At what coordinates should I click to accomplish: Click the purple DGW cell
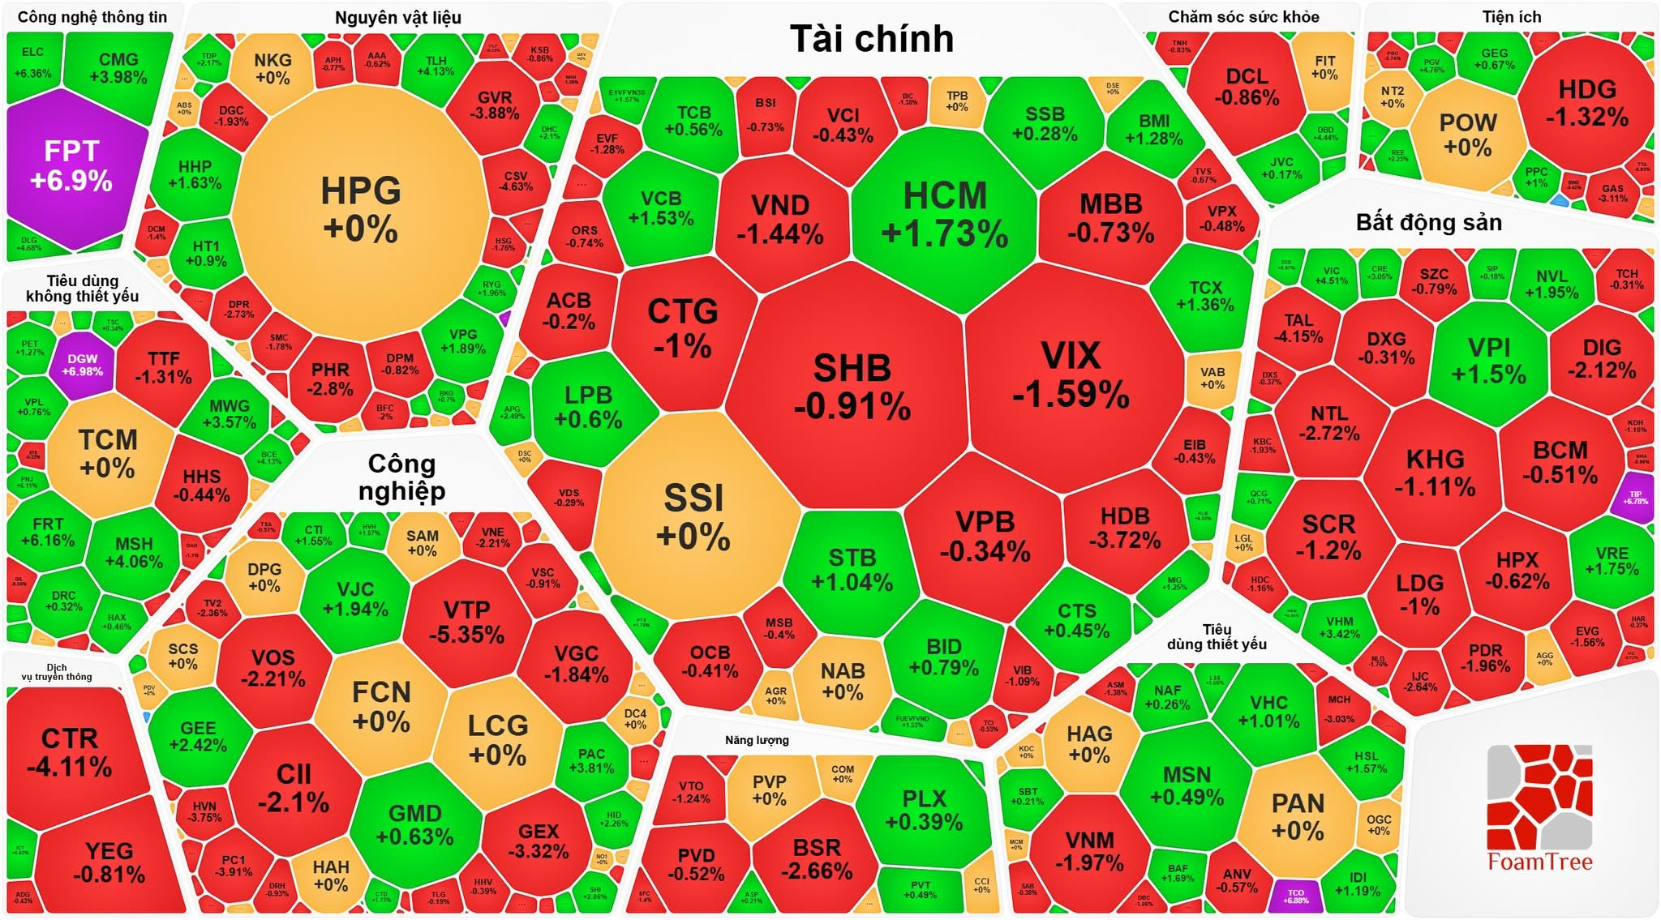[82, 365]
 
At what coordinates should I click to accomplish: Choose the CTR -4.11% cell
[69, 751]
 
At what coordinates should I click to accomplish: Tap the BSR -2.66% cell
[816, 858]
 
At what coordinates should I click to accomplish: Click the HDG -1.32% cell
[1586, 103]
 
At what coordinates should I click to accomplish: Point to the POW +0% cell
[1467, 135]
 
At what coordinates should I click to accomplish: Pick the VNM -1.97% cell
[1089, 851]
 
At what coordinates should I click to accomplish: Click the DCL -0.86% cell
[1247, 87]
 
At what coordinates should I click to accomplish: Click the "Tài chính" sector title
[871, 39]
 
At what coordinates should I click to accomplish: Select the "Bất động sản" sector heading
[1428, 223]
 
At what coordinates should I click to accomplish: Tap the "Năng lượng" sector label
[757, 740]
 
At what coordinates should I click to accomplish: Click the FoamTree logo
[1539, 807]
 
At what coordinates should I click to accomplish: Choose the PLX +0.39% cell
[924, 810]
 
